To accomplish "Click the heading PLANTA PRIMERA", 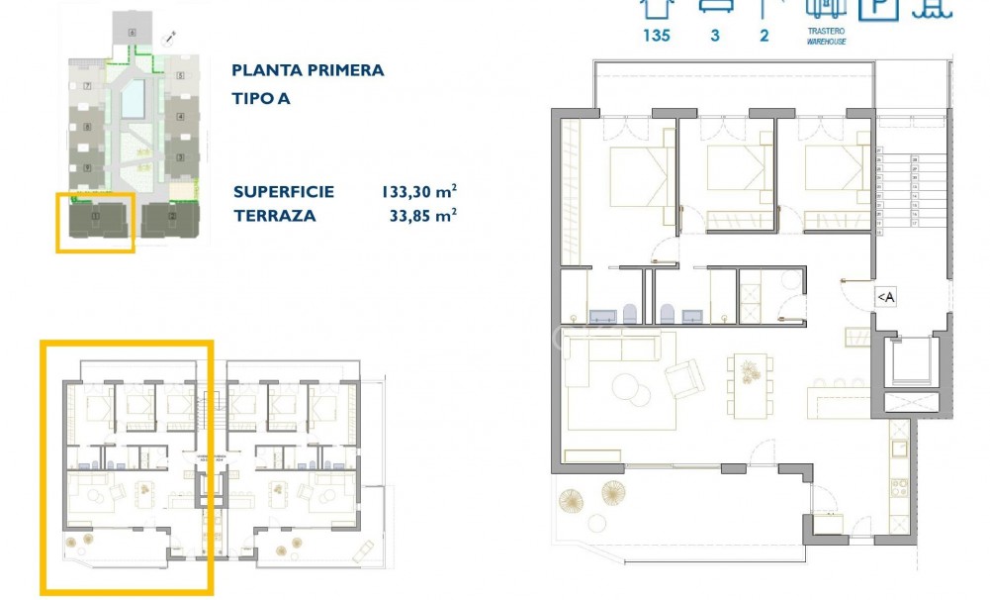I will pyautogui.click(x=307, y=70).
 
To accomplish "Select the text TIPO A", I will pyautogui.click(x=261, y=98).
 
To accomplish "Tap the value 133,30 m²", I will pyautogui.click(x=418, y=192).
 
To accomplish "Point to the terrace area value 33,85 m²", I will pyautogui.click(x=423, y=215).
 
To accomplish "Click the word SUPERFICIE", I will pyautogui.click(x=284, y=192).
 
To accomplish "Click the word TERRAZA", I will pyautogui.click(x=275, y=215).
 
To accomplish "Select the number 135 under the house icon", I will pyautogui.click(x=656, y=36).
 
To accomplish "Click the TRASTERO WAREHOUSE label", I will pyautogui.click(x=825, y=38).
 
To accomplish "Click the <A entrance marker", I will pyautogui.click(x=885, y=296).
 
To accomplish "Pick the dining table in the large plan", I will pyautogui.click(x=748, y=380).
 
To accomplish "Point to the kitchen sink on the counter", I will pyautogui.click(x=901, y=449).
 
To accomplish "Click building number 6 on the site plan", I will pyautogui.click(x=131, y=34).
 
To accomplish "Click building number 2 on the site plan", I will pyautogui.click(x=172, y=215).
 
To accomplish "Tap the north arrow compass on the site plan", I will pyautogui.click(x=170, y=39).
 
